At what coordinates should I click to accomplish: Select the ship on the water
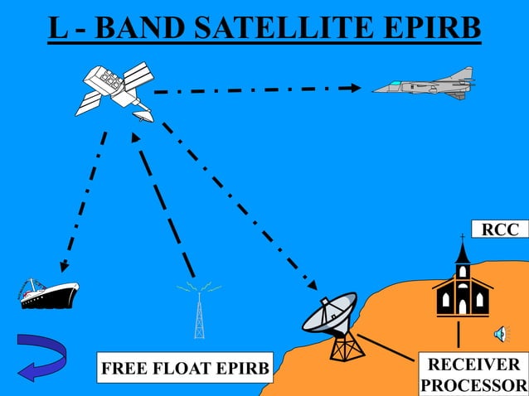(49, 292)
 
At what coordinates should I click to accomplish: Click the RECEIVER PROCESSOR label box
(473, 375)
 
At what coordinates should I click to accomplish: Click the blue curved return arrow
(41, 357)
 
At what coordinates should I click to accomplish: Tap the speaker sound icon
(501, 334)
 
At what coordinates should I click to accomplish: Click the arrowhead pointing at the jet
(354, 87)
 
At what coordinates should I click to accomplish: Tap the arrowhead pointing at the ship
(62, 267)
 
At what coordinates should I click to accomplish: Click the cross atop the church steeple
(463, 238)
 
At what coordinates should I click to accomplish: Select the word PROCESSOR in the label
(473, 386)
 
